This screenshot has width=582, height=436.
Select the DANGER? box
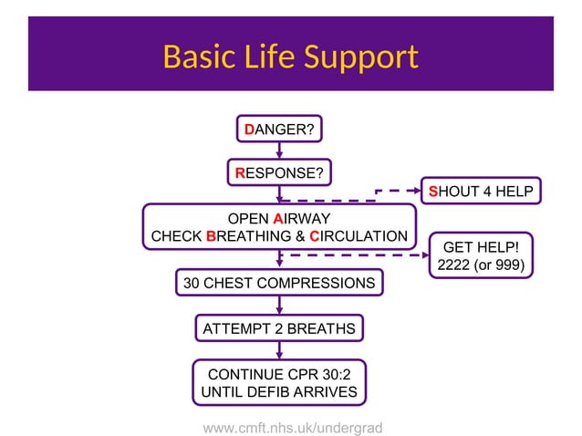pyautogui.click(x=279, y=130)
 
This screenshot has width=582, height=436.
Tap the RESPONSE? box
pyautogui.click(x=279, y=172)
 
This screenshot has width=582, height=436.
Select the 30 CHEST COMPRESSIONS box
pyautogui.click(x=279, y=284)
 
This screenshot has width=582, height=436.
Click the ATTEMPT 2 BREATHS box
pyautogui.click(x=279, y=327)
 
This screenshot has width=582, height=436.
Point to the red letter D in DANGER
pyautogui.click(x=249, y=130)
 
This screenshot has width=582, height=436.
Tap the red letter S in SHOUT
pyautogui.click(x=434, y=192)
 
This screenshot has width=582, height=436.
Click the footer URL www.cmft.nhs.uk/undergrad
pyautogui.click(x=292, y=427)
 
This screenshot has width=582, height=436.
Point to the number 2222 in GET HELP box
pyautogui.click(x=455, y=265)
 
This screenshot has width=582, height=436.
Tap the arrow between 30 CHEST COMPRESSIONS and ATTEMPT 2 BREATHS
pyautogui.click(x=279, y=306)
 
